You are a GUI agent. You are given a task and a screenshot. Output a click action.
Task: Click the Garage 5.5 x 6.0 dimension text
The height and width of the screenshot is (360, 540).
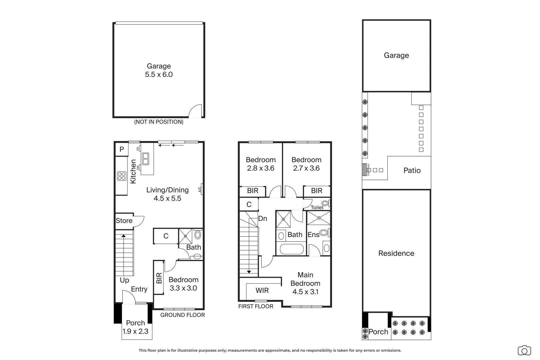pyautogui.click(x=159, y=75)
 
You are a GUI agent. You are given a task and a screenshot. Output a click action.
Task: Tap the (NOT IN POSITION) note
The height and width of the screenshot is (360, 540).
pyautogui.click(x=159, y=122)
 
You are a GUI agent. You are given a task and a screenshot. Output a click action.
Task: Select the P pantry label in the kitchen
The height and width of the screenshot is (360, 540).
pyautogui.click(x=122, y=149)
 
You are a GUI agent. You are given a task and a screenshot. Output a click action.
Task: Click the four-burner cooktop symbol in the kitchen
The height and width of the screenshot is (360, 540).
pyautogui.click(x=122, y=176)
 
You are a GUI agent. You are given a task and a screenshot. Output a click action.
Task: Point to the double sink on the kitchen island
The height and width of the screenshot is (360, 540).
pyautogui.click(x=146, y=159)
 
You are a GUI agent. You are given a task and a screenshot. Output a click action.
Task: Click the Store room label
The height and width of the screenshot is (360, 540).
pyautogui.click(x=124, y=221)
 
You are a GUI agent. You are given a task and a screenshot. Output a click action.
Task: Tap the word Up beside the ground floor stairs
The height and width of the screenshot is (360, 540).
pyautogui.click(x=124, y=280)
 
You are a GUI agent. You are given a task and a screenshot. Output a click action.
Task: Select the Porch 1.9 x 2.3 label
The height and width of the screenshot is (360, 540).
pyautogui.click(x=136, y=327)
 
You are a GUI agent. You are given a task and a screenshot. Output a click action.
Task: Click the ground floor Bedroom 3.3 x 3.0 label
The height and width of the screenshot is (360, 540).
pyautogui.click(x=183, y=284)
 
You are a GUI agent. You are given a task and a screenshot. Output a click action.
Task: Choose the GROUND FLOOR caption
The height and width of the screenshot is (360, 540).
pyautogui.click(x=183, y=315)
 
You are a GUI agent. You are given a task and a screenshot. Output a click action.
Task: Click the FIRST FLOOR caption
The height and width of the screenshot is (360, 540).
pyautogui.click(x=256, y=306)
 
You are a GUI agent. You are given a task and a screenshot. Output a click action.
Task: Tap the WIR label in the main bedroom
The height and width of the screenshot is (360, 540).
pyautogui.click(x=262, y=291)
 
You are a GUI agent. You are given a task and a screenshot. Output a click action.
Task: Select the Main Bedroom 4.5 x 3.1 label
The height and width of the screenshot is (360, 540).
pyautogui.click(x=305, y=283)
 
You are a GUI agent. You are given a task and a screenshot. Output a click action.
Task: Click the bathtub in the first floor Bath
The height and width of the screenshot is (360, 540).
pyautogui.click(x=292, y=249)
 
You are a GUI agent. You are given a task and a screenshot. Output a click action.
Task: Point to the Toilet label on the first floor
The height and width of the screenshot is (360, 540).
pyautogui.click(x=317, y=207)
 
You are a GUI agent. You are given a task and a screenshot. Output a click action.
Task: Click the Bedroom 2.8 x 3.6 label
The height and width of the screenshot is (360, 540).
pyautogui.click(x=261, y=164)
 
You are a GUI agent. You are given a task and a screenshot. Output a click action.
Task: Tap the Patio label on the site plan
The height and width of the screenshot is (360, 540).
pyautogui.click(x=412, y=171)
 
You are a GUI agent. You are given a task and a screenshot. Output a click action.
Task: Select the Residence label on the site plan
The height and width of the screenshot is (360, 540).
pyautogui.click(x=396, y=253)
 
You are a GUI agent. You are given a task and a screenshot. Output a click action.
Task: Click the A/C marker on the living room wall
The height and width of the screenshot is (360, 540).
pyautogui.click(x=200, y=189)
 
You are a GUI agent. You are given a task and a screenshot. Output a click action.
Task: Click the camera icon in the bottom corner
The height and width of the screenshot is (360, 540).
pyautogui.click(x=524, y=350)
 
